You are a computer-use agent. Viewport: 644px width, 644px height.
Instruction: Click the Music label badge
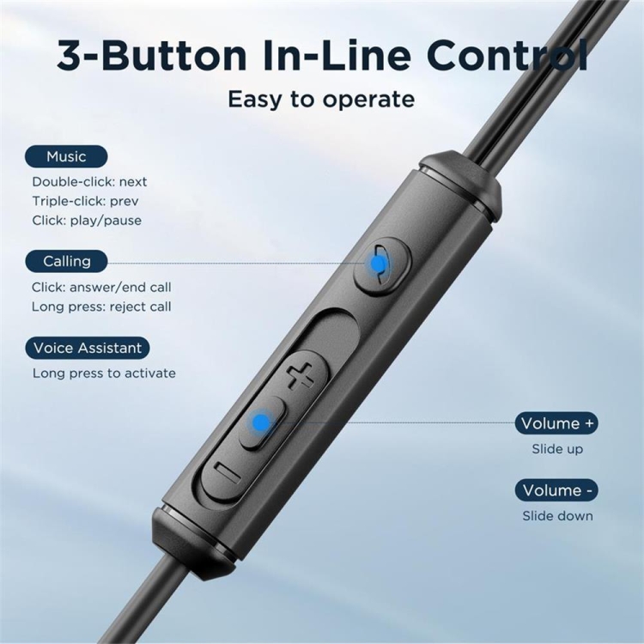coord(66,156)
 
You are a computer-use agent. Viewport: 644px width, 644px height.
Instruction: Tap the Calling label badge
coord(66,261)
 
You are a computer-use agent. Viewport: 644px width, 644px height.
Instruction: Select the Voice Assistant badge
coord(87,348)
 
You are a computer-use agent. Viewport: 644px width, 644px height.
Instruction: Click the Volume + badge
coord(556,423)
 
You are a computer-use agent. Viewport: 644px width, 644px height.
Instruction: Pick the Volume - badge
coord(556,490)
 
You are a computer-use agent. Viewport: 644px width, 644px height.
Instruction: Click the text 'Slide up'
coord(557,449)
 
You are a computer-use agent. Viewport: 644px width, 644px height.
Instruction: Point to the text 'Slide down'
coord(557,516)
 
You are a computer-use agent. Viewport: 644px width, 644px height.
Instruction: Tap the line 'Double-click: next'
coord(89,181)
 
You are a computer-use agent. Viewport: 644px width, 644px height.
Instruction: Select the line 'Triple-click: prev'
coord(85,201)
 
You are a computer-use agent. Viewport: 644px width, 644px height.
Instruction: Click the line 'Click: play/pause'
coord(87,220)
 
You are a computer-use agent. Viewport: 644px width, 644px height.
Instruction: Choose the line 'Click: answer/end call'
coord(101,287)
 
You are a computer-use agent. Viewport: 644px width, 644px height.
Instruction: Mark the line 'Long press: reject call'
coord(101,307)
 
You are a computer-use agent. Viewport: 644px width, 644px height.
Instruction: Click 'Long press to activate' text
coord(104,373)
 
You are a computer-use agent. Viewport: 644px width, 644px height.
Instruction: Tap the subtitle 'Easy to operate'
coord(321,99)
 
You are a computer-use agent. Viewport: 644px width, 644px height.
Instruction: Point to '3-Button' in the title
coord(151,55)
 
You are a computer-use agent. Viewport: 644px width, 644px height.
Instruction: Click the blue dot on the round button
coord(377,264)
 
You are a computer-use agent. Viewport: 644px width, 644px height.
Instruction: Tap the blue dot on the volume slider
coord(260,422)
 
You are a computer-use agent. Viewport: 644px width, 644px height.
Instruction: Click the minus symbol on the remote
coord(228,472)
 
